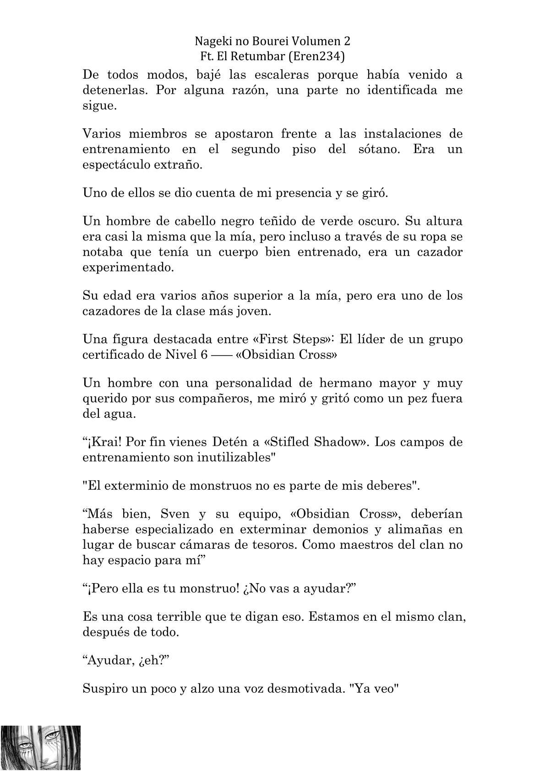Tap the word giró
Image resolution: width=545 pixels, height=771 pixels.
point(375,193)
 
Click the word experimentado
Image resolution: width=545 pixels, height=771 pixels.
point(128,268)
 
